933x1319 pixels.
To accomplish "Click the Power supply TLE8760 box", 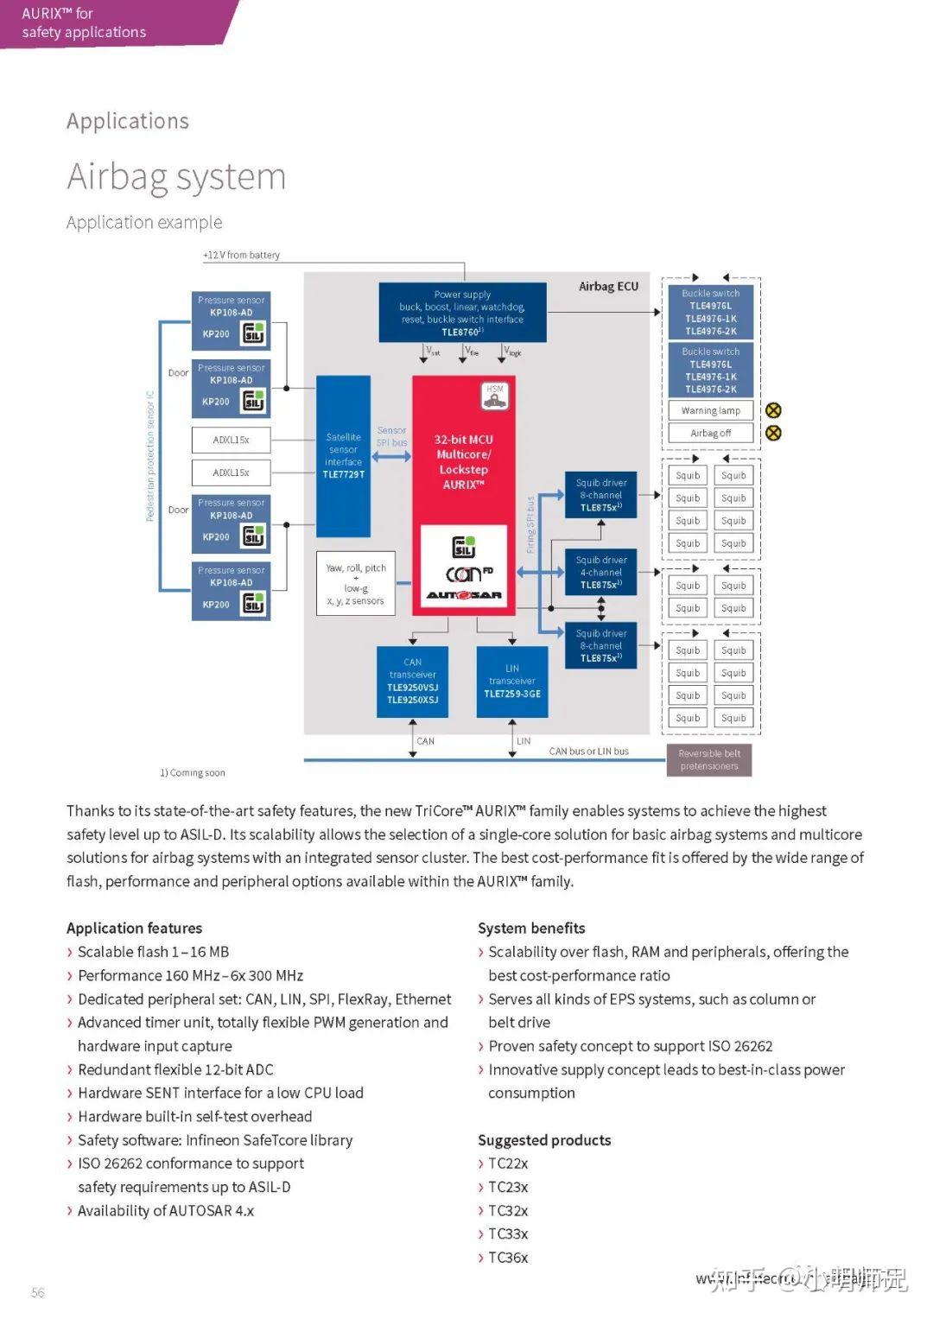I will pyautogui.click(x=462, y=312).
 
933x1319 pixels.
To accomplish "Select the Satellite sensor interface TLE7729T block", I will pyautogui.click(x=343, y=456).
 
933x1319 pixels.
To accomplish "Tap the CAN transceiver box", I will pyautogui.click(x=412, y=682).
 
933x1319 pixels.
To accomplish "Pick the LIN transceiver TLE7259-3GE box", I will pyautogui.click(x=512, y=682).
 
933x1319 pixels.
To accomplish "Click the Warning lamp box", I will pyautogui.click(x=710, y=410).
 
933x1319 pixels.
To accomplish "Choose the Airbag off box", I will pyautogui.click(x=710, y=433).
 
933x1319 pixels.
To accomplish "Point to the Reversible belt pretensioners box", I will pyautogui.click(x=709, y=760).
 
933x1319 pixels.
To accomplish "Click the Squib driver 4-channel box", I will pyautogui.click(x=601, y=572).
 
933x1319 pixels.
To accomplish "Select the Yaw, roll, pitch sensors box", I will pyautogui.click(x=356, y=584).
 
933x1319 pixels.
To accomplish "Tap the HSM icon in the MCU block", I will pyautogui.click(x=495, y=396).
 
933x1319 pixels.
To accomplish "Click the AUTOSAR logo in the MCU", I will pyautogui.click(x=464, y=594).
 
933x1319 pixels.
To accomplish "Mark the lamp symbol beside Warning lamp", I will pyautogui.click(x=773, y=410).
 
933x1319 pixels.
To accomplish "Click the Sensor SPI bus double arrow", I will pyautogui.click(x=392, y=456).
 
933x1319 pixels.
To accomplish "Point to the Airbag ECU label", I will pyautogui.click(x=608, y=286).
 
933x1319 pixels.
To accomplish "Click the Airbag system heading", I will pyautogui.click(x=176, y=177).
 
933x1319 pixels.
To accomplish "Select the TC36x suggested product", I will pyautogui.click(x=508, y=1258).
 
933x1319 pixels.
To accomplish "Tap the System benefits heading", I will pyautogui.click(x=531, y=928).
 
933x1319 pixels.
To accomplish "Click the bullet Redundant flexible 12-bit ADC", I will pyautogui.click(x=175, y=1069).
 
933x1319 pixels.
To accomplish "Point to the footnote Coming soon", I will pyautogui.click(x=193, y=773).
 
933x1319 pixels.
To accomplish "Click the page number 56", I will pyautogui.click(x=38, y=1292).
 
